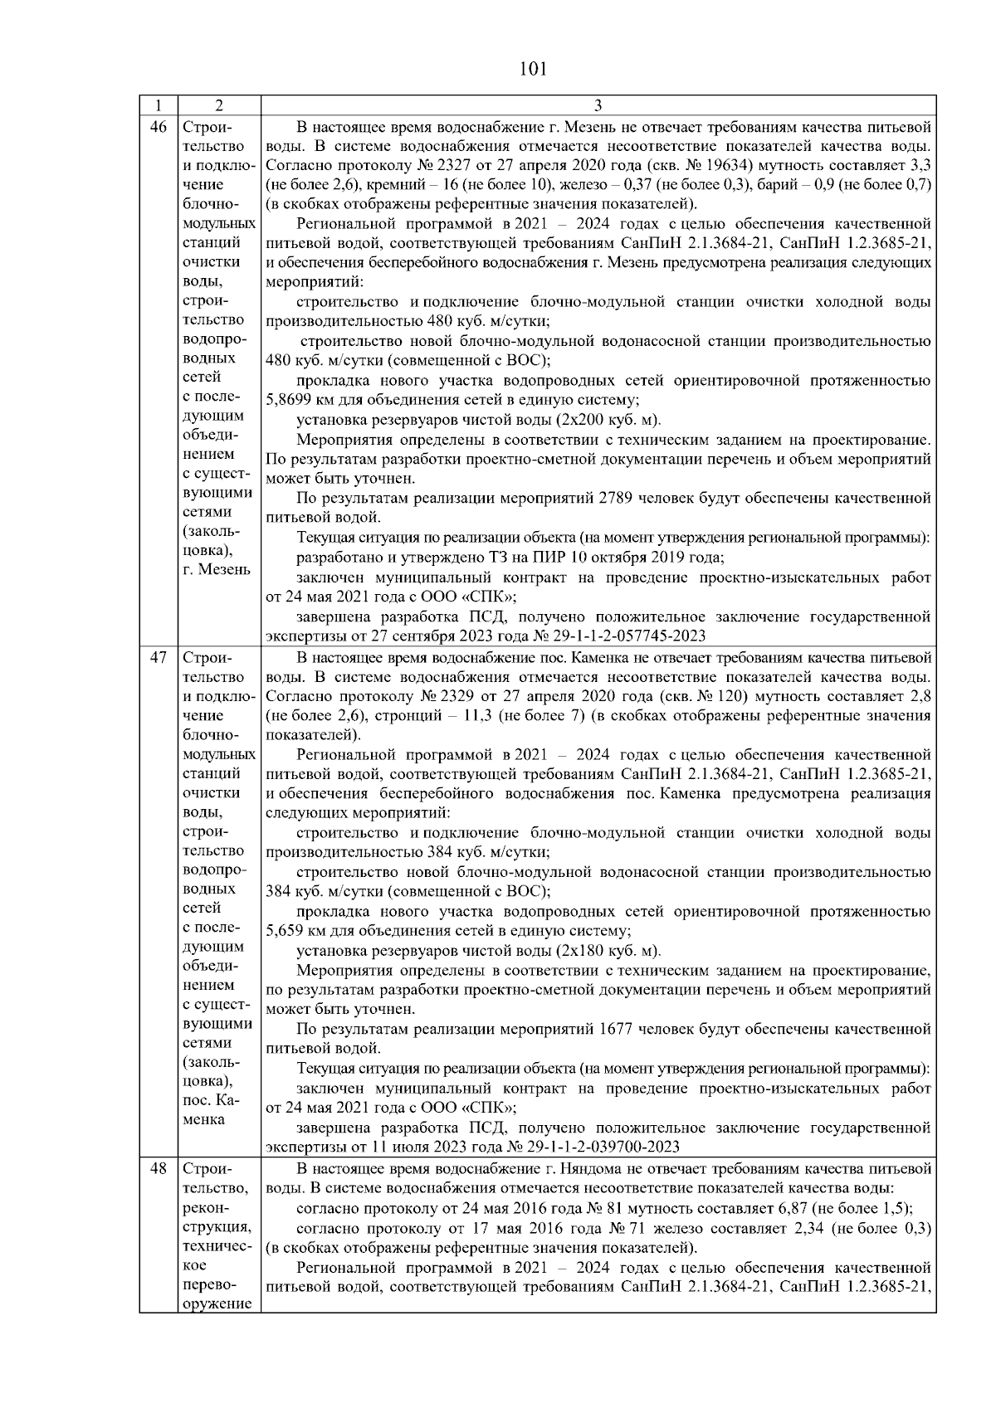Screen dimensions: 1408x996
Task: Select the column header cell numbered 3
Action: (x=598, y=105)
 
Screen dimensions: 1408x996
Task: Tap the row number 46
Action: (x=158, y=128)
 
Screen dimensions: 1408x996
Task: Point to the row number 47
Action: (x=158, y=659)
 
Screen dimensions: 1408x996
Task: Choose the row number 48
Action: (x=158, y=1170)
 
